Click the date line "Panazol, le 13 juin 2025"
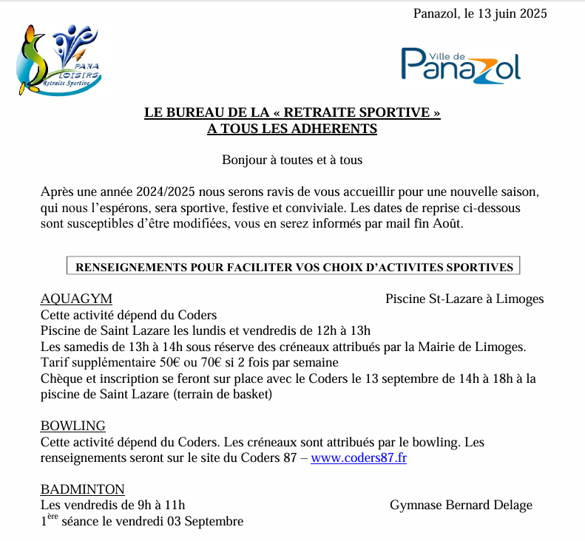(481, 13)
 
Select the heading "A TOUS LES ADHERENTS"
(292, 129)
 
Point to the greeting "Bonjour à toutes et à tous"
(292, 160)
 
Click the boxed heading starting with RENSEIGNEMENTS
(294, 266)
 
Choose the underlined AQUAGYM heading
(76, 299)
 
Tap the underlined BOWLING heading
(72, 426)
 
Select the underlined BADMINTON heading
(82, 489)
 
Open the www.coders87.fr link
(359, 457)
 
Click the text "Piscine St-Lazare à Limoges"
(464, 299)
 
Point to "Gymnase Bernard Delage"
(461, 505)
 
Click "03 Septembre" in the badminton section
(209, 521)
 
